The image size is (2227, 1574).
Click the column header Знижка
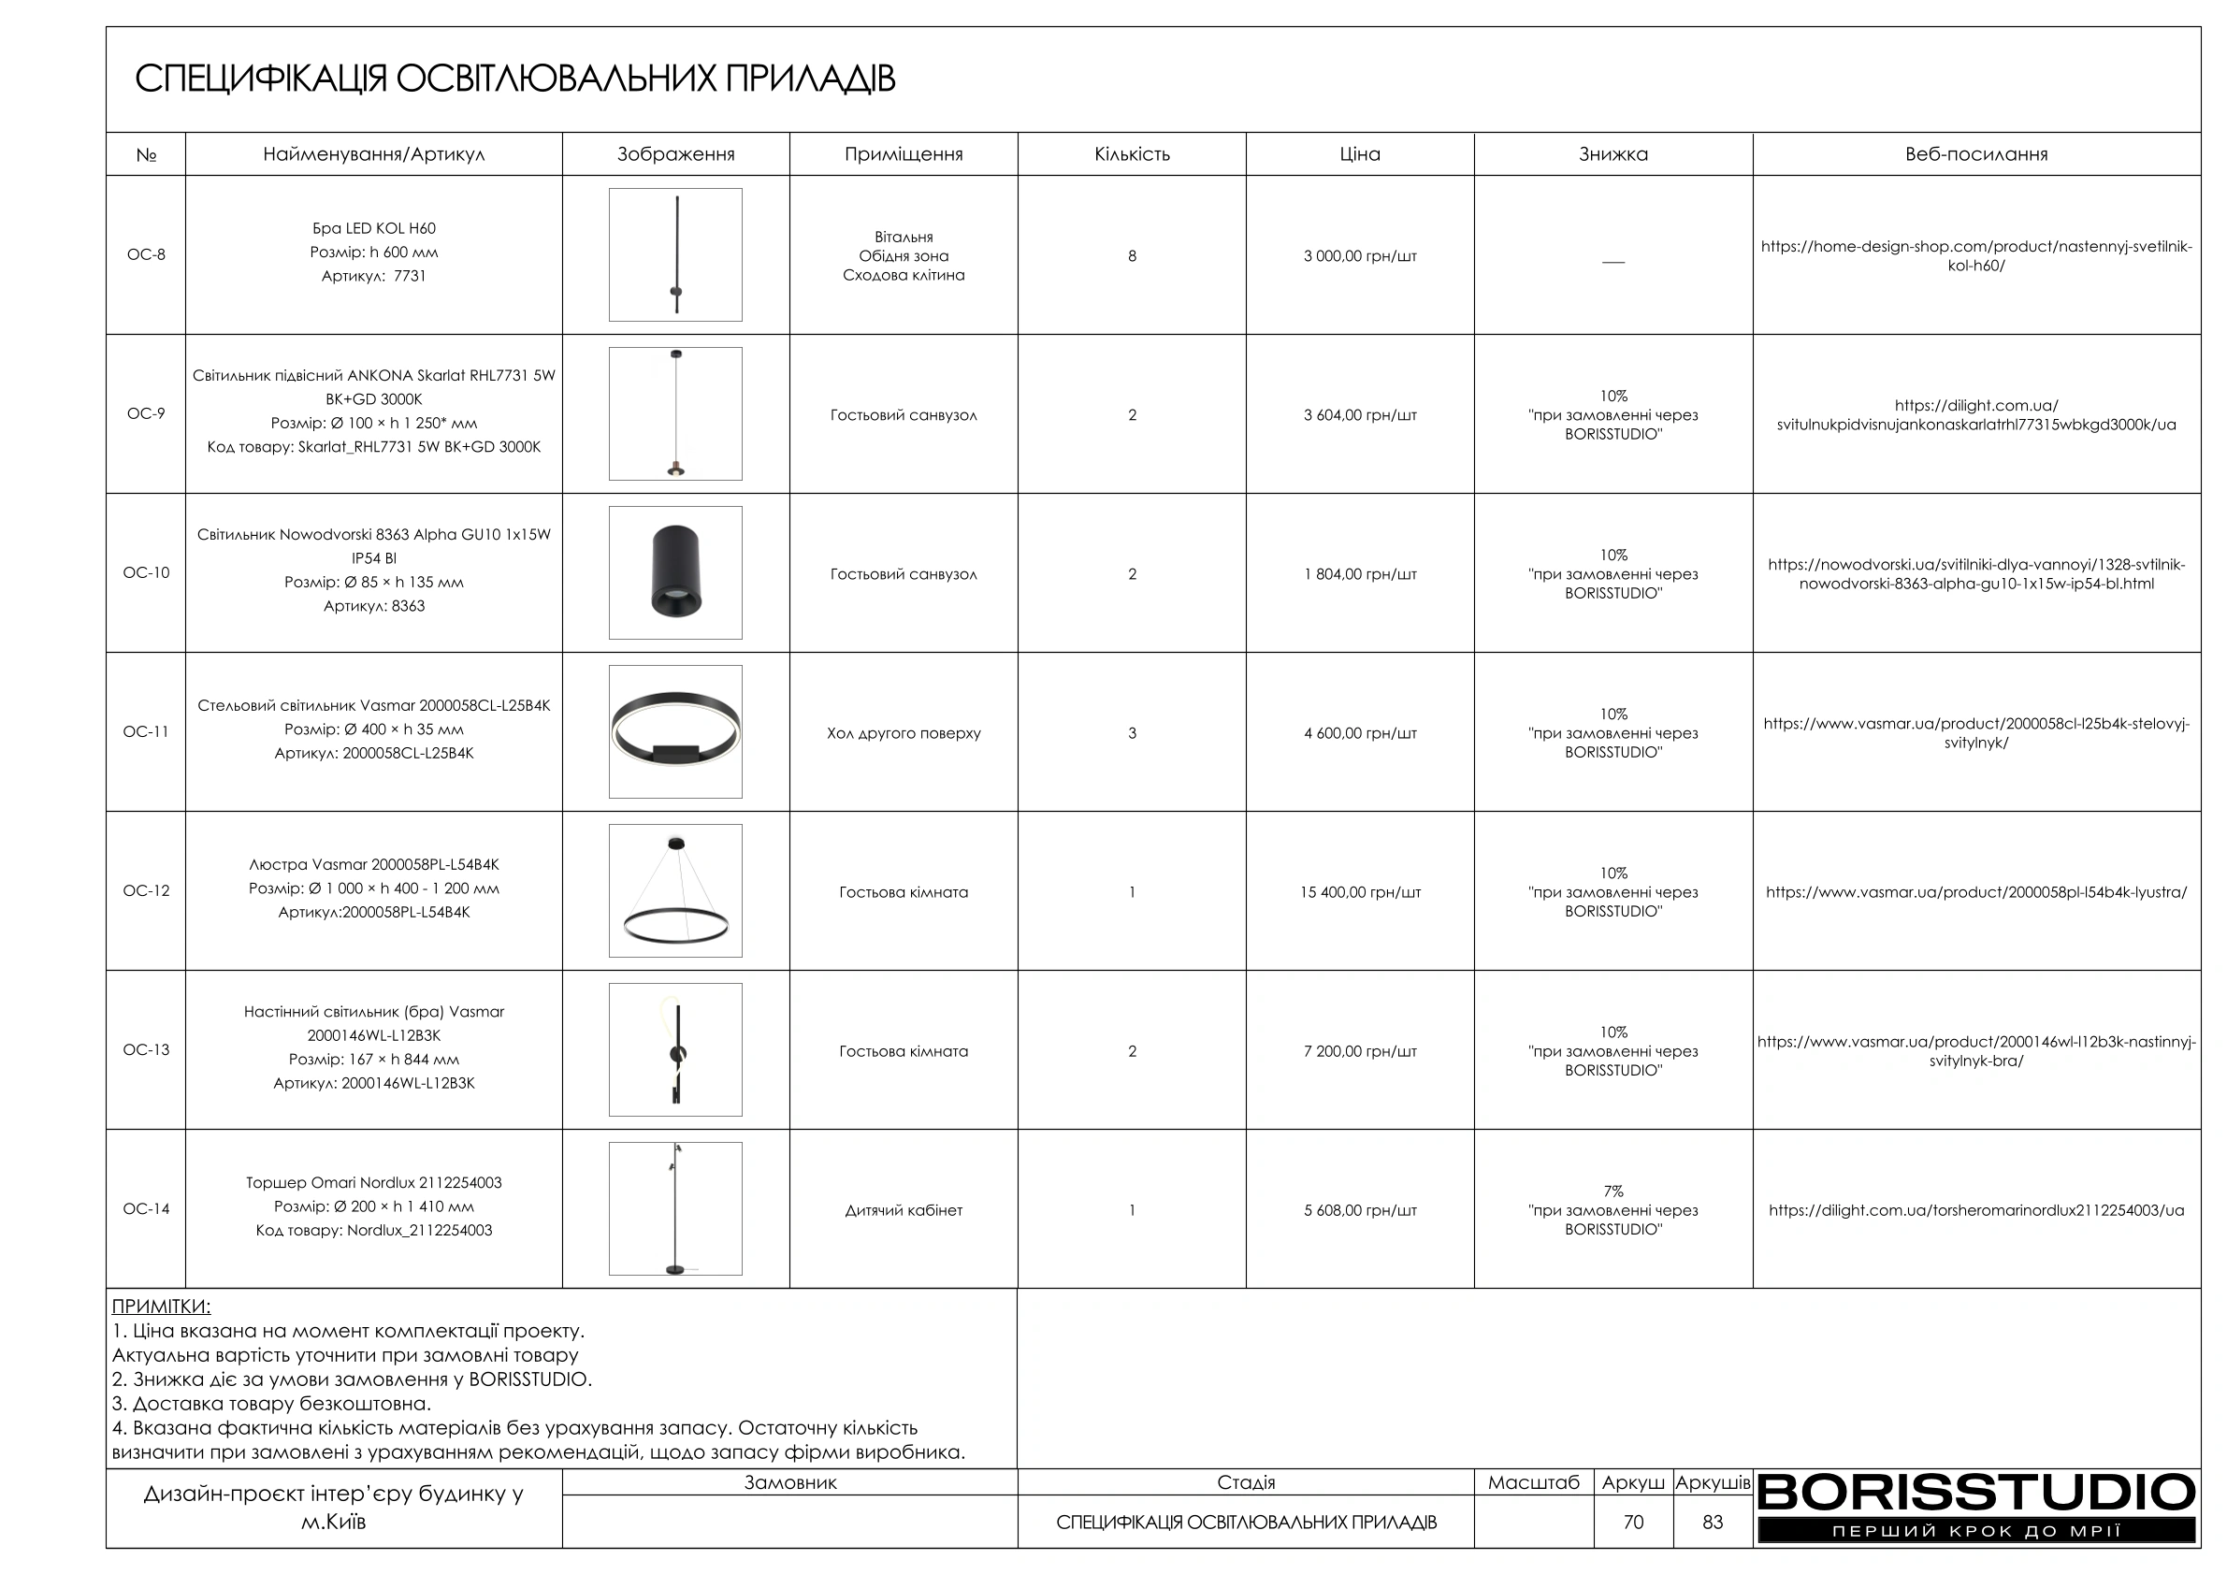point(1613,154)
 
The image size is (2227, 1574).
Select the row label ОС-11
point(146,732)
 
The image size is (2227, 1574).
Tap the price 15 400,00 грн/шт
point(1360,892)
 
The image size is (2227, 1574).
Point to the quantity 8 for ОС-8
point(1132,256)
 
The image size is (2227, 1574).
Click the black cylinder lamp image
point(675,572)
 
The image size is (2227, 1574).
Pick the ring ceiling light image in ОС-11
point(675,732)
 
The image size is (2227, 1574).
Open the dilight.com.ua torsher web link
point(1975,1210)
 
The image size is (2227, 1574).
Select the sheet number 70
point(1633,1523)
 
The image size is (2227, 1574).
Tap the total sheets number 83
point(1713,1523)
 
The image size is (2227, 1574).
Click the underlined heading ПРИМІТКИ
point(161,1307)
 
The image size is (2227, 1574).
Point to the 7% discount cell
point(1613,1191)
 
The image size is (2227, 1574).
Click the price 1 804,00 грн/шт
point(1360,574)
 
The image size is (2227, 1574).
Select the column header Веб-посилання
point(1975,154)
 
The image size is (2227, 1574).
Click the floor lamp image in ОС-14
point(675,1208)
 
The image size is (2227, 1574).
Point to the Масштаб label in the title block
point(1534,1483)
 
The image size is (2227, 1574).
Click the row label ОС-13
point(146,1050)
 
